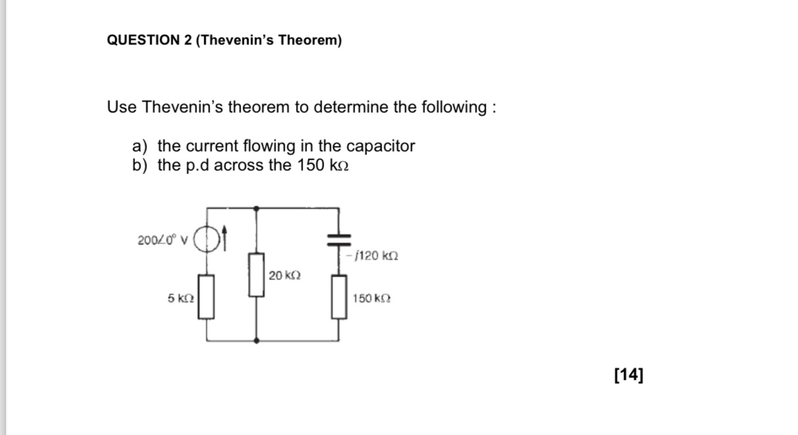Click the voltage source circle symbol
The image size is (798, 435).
(x=208, y=239)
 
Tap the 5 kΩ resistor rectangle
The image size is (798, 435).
(x=208, y=297)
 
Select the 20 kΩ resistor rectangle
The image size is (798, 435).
(x=256, y=274)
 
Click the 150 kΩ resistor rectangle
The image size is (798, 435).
(x=339, y=298)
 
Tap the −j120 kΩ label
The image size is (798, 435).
(x=374, y=255)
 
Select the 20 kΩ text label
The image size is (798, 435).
(x=285, y=275)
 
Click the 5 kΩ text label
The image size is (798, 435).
(x=181, y=299)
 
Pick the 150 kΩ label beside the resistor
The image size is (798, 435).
(x=372, y=299)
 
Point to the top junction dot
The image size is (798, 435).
(x=256, y=208)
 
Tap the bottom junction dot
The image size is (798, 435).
(x=256, y=341)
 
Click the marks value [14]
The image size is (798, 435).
(x=628, y=375)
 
